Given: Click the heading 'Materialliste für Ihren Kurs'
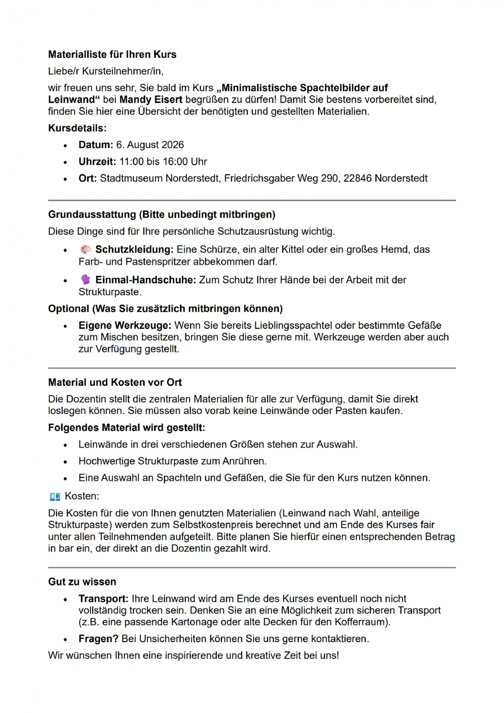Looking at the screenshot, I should (x=112, y=55).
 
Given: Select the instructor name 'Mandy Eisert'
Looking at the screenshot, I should (x=151, y=100).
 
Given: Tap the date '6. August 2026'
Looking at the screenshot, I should (x=150, y=145).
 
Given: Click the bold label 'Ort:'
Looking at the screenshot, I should (x=87, y=178).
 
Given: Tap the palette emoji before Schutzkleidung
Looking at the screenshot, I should (x=85, y=250).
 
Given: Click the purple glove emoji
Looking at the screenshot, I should (x=85, y=280).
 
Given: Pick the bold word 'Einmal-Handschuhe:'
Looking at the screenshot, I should (x=145, y=280).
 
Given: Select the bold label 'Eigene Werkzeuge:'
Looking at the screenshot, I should (x=125, y=325).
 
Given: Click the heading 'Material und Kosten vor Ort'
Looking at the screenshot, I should (x=115, y=383).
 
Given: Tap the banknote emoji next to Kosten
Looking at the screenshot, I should (x=55, y=497).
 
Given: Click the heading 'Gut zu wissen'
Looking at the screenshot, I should (x=82, y=582).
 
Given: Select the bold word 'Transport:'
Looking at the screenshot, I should (x=103, y=599).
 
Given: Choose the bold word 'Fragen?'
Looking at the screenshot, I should (x=98, y=639).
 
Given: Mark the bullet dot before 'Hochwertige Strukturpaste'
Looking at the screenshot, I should (x=65, y=462).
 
